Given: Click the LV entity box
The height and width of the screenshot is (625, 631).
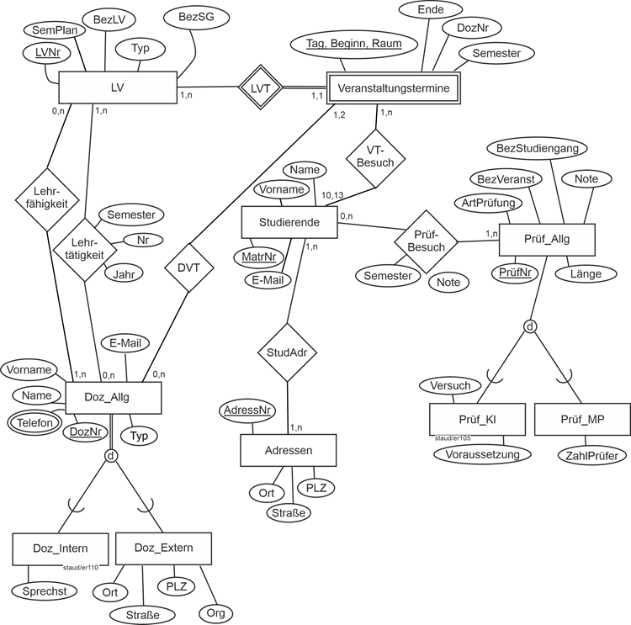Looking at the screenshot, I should pyautogui.click(x=117, y=87).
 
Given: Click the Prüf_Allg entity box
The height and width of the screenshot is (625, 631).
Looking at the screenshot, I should pyautogui.click(x=547, y=239).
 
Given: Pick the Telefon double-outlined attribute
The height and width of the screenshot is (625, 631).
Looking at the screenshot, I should pyautogui.click(x=33, y=423).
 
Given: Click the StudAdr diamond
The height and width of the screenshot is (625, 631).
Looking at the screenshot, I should pyautogui.click(x=287, y=353).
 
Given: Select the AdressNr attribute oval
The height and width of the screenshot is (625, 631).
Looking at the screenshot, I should pyautogui.click(x=247, y=410).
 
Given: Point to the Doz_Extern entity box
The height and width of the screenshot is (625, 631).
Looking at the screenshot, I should pyautogui.click(x=164, y=548).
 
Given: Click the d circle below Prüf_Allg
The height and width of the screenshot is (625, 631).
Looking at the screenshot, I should pyautogui.click(x=529, y=326).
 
